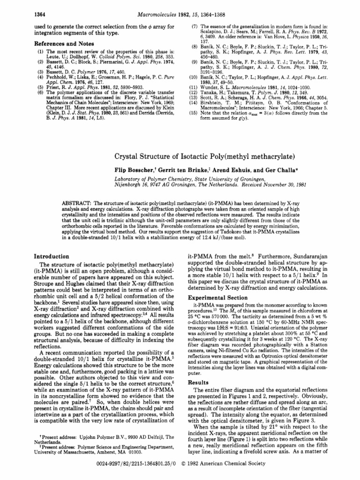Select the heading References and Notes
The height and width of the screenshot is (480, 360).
click(60, 42)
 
